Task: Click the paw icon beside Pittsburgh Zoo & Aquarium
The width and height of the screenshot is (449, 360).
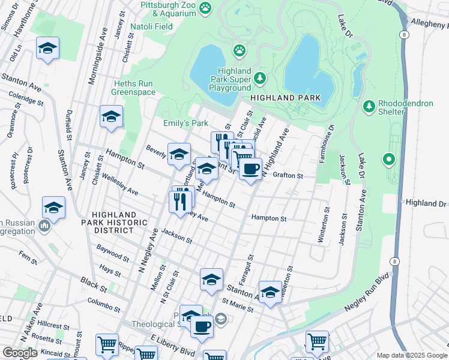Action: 206,7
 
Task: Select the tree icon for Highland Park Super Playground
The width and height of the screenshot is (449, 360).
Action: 259,78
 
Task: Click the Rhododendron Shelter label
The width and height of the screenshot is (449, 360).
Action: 406,107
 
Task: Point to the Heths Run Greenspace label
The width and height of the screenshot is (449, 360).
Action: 133,88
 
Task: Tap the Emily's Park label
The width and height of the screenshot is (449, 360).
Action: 185,123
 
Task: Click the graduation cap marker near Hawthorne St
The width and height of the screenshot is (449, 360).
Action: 48,49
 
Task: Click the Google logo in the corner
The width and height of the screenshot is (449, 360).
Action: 20,353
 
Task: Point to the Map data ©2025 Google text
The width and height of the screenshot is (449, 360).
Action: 412,355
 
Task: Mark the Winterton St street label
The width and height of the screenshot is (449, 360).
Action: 327,225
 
